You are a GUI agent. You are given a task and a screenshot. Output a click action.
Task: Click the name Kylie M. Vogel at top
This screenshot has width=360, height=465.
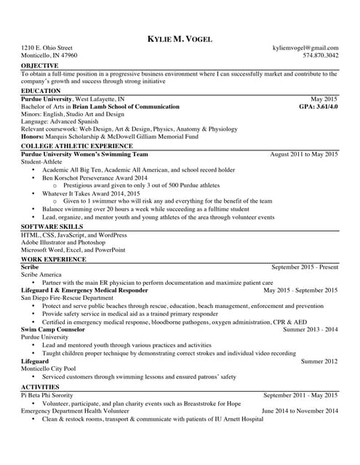(x=180, y=39)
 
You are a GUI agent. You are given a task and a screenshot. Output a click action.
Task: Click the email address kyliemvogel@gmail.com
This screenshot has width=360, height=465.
(x=305, y=48)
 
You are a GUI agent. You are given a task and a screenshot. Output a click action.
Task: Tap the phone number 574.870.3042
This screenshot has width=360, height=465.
(x=321, y=55)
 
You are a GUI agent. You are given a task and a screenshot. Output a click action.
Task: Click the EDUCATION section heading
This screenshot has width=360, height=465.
(x=41, y=91)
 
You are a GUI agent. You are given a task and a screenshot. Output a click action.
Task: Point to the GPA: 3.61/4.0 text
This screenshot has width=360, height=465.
(x=319, y=106)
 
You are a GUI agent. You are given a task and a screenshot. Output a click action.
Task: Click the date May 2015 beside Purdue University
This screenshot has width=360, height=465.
(x=324, y=98)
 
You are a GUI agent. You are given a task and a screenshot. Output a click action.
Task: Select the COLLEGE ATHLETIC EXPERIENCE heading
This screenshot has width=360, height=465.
(x=76, y=146)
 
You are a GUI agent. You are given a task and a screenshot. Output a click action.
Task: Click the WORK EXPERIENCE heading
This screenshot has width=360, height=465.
(x=53, y=259)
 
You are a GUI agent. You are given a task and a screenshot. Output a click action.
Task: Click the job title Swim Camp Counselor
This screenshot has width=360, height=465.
(x=53, y=329)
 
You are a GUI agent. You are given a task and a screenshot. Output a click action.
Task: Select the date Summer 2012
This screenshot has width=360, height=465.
(x=319, y=361)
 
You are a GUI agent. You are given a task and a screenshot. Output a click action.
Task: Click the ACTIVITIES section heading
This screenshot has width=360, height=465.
(x=40, y=387)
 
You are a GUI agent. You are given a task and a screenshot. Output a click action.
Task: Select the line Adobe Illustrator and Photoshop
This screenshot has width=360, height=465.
(x=63, y=243)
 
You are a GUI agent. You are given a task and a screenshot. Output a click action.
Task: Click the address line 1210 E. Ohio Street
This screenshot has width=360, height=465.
(x=47, y=48)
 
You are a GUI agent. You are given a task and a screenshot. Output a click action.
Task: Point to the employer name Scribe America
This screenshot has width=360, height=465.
(x=41, y=275)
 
